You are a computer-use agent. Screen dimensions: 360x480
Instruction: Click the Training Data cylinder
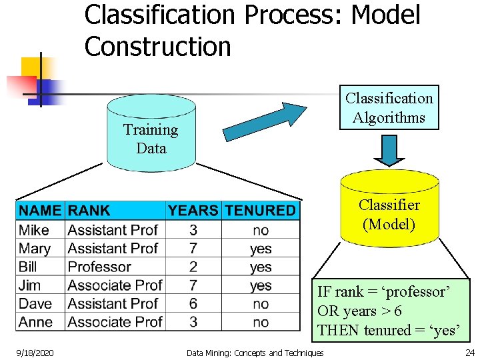point(151,133)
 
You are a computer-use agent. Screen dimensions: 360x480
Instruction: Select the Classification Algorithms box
point(389,107)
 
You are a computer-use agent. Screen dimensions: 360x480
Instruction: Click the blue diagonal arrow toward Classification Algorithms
point(264,121)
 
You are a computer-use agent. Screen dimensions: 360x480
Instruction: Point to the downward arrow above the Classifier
point(389,149)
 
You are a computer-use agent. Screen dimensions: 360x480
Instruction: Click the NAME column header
point(40,211)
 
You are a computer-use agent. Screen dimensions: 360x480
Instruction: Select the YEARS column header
point(193,211)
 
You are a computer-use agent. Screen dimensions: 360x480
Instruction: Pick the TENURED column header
point(260,211)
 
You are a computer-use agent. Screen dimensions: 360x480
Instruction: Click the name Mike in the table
point(34,230)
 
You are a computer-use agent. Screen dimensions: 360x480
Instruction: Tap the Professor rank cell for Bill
point(99,267)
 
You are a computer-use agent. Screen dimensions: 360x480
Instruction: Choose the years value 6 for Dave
point(193,303)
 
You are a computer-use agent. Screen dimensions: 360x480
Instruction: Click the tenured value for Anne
point(261,322)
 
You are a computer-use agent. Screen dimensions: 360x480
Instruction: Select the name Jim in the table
point(30,285)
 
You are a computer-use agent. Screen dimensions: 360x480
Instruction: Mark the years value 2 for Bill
point(193,267)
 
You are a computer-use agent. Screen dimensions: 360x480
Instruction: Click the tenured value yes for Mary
point(261,249)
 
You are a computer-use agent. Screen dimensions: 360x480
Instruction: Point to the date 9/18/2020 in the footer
point(35,352)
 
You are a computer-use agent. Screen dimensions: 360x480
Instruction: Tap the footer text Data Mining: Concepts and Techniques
point(255,353)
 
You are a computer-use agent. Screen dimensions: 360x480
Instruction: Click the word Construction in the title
point(157,47)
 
